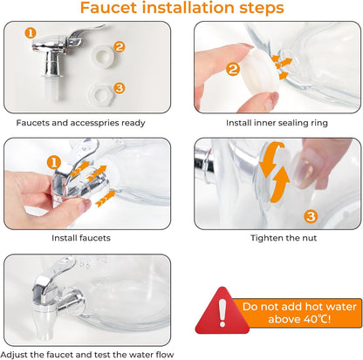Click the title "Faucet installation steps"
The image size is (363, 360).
(x=181, y=8)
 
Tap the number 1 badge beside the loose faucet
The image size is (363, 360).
(x=31, y=33)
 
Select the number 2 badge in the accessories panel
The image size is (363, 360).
(x=120, y=47)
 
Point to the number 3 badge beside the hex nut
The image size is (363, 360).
(x=120, y=88)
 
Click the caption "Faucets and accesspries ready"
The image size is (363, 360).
(x=80, y=123)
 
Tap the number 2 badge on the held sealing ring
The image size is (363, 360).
(x=233, y=69)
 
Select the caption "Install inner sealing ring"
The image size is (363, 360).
(x=277, y=123)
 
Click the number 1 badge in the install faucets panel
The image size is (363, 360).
(x=54, y=163)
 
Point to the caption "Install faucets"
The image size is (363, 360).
(x=81, y=238)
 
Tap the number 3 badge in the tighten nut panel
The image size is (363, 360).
(x=311, y=216)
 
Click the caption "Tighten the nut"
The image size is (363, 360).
(x=284, y=238)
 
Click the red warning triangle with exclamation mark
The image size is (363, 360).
(x=223, y=311)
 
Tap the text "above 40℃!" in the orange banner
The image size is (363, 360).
(x=299, y=319)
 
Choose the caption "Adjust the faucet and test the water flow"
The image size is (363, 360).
(x=87, y=355)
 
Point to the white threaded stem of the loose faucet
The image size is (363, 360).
(x=54, y=89)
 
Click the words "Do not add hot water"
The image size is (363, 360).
(x=299, y=307)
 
